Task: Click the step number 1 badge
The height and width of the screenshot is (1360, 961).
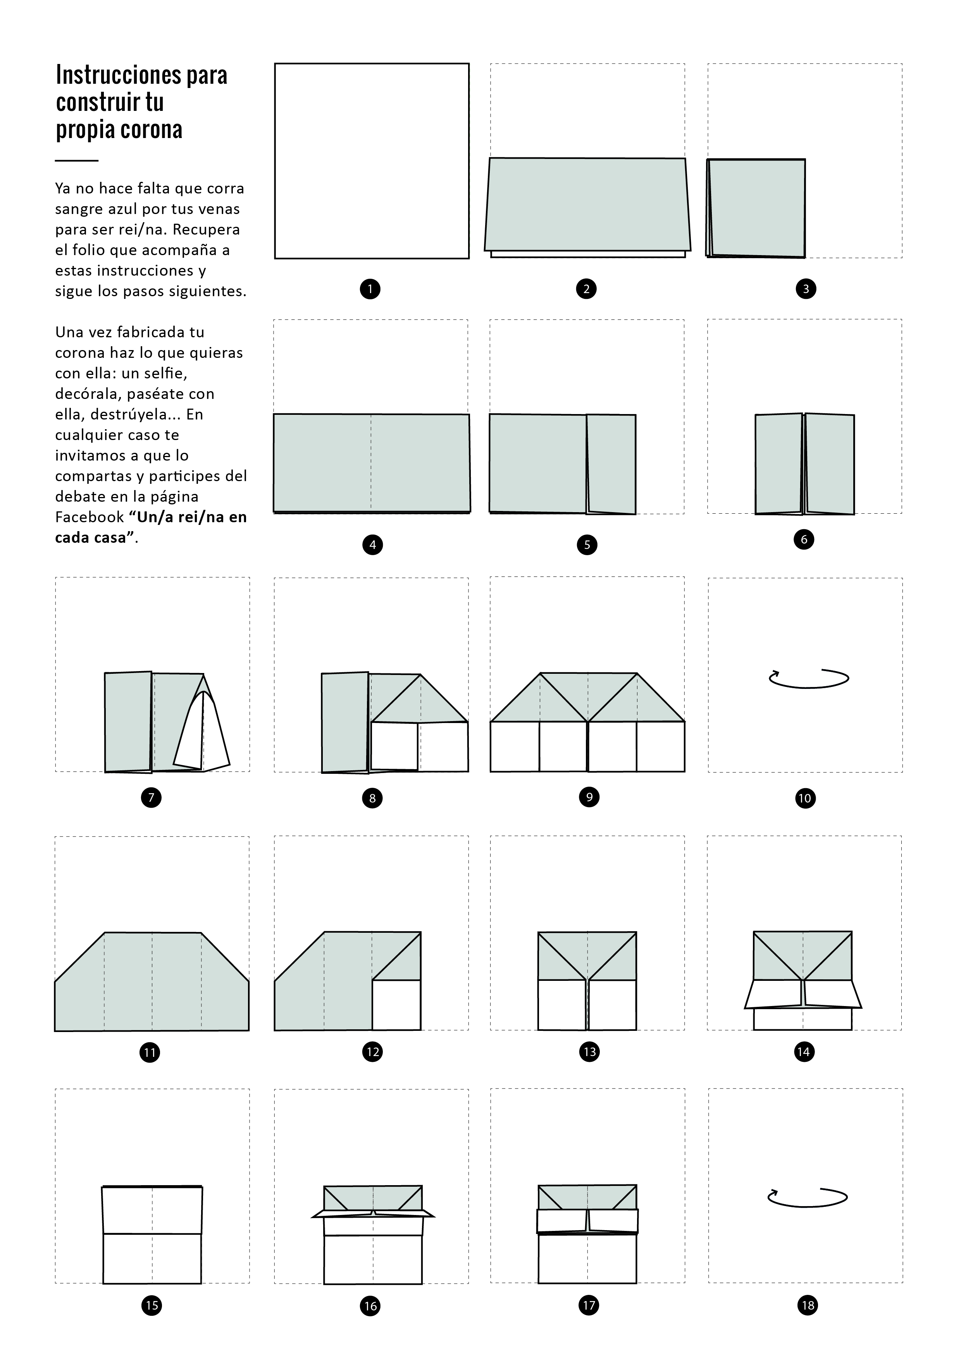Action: point(370,289)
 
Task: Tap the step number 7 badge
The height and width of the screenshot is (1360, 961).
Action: point(151,797)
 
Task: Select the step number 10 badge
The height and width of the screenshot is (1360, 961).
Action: point(805,798)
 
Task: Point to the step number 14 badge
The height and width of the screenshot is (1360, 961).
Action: point(804,1051)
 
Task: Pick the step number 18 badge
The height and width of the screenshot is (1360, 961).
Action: point(808,1305)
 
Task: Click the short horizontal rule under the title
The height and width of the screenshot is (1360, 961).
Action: point(76,161)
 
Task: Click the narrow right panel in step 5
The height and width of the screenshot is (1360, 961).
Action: point(611,464)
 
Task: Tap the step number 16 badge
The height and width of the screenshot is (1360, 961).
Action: point(371,1305)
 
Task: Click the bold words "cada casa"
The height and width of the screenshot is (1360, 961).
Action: point(91,538)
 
